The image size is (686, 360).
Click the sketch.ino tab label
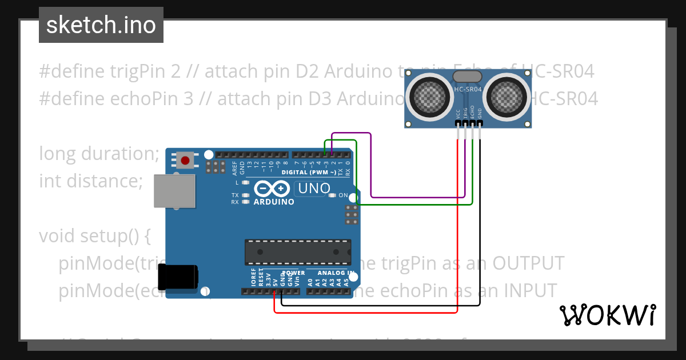101,25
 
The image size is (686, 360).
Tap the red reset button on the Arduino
185,161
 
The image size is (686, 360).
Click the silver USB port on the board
175,191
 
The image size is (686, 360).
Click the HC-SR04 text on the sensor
468,89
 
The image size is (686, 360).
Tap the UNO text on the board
313,188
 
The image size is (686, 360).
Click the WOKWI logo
607,315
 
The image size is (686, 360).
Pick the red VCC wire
458,229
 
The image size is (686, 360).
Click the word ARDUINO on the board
274,202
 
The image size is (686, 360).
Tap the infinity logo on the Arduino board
273,189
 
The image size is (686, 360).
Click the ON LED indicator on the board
333,195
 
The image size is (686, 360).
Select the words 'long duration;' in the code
99,153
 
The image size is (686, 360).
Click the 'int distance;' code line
90,181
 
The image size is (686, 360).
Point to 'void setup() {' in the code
94,235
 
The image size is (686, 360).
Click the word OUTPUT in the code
528,263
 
